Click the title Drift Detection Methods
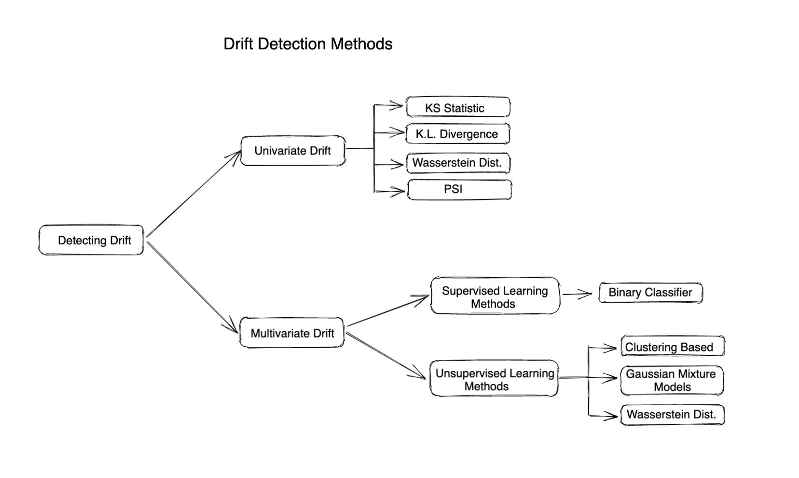308,44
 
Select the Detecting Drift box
91,240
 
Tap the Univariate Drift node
293,151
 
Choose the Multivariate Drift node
292,333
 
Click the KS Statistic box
458,107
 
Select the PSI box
459,189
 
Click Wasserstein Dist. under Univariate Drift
458,163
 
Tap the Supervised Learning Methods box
495,296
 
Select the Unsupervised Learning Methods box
494,379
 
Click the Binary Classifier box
650,293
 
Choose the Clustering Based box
673,347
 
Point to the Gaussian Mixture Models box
672,380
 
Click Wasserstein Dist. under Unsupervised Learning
672,414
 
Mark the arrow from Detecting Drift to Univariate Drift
193,194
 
